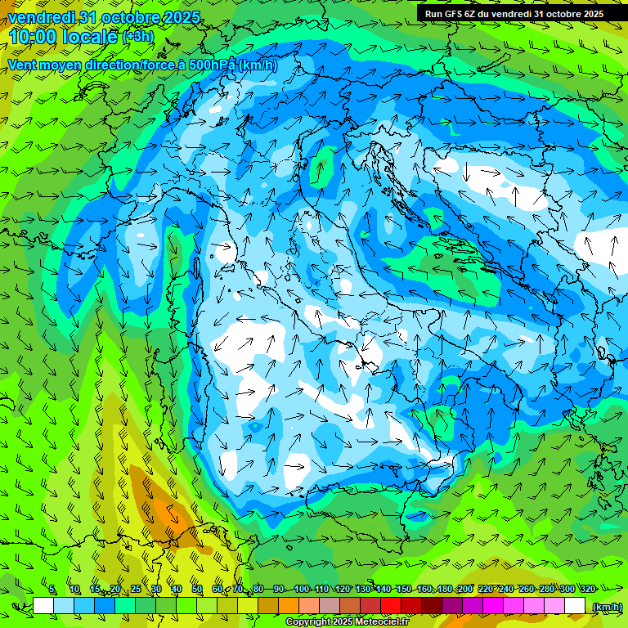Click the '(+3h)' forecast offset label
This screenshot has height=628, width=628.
[137, 37]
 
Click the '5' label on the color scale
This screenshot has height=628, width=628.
[52, 590]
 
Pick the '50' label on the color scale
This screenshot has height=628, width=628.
[197, 590]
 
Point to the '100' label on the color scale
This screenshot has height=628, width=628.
[302, 590]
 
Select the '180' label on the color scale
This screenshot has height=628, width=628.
[445, 590]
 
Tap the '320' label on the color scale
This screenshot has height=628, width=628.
[587, 590]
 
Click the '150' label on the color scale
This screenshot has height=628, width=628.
[404, 590]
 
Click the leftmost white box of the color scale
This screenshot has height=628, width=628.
[43, 606]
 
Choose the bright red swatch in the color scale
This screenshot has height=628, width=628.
[391, 606]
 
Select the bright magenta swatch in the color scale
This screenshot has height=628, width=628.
[493, 606]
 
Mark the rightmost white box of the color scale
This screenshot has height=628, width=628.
[575, 606]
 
